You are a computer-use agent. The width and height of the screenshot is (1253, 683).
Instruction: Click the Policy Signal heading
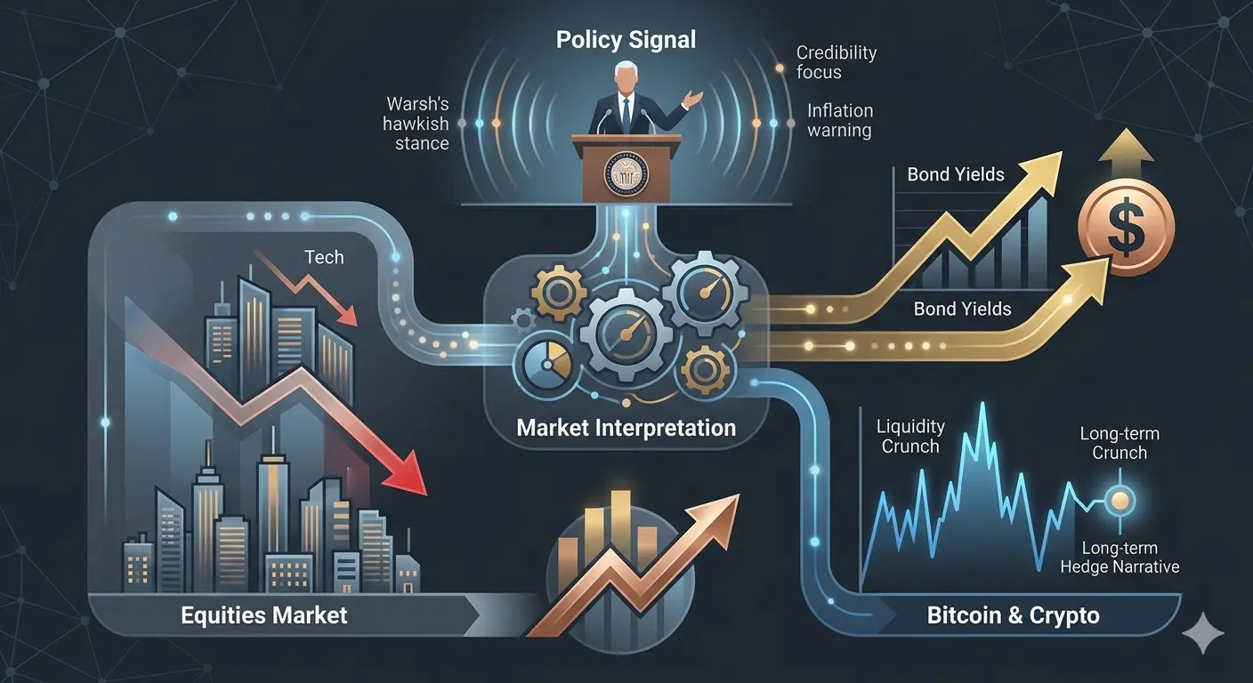(626, 40)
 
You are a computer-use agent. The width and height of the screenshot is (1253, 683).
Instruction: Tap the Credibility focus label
(836, 62)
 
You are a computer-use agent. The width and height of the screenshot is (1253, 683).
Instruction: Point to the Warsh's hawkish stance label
(416, 123)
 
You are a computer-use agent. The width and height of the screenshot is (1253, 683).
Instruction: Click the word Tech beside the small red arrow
(324, 257)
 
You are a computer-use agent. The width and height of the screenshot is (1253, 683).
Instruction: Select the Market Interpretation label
(626, 428)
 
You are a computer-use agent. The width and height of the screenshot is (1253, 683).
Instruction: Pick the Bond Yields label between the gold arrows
(962, 309)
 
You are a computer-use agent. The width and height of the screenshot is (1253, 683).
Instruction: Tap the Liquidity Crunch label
(910, 437)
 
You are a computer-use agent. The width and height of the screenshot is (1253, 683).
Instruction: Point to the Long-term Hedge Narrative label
(1120, 558)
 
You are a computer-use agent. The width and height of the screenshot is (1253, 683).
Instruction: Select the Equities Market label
(263, 615)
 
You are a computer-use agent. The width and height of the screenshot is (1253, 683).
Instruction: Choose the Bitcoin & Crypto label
(1013, 615)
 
